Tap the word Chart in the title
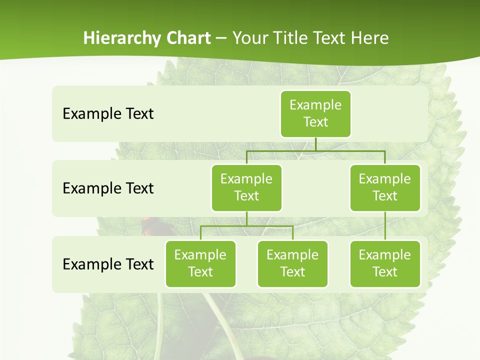[188, 38]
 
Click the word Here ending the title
[369, 38]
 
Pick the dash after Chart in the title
[221, 38]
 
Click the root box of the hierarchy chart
[315, 113]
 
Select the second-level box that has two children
[246, 187]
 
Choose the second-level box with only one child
[385, 187]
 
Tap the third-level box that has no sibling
[385, 263]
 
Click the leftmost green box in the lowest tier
[200, 263]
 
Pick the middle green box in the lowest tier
[292, 263]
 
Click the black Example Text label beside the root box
[108, 113]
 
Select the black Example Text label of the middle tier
[108, 188]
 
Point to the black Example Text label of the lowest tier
[108, 264]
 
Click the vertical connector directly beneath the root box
[315, 144]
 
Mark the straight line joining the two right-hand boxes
[385, 226]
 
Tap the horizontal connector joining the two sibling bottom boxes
[246, 226]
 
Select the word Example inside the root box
[315, 105]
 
